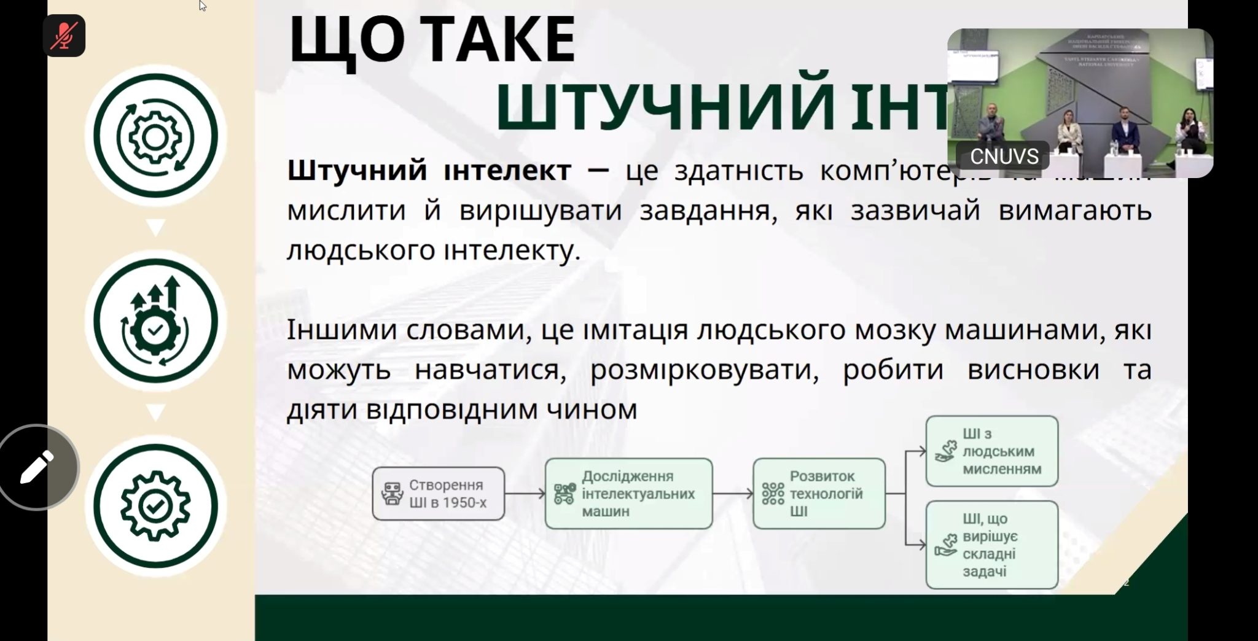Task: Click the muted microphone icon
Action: [64, 36]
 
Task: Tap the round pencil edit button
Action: [37, 467]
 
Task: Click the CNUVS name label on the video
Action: [1004, 157]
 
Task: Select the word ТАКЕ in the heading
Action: [498, 41]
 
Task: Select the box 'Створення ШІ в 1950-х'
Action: [438, 494]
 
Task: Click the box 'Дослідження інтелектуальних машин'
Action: [628, 494]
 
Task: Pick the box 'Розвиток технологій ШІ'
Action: [819, 494]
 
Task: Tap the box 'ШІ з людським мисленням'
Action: [991, 451]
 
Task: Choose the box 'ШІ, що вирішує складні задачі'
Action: [991, 545]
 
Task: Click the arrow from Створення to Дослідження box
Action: [525, 494]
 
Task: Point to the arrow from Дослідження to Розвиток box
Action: [733, 494]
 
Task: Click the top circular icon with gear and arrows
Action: [155, 136]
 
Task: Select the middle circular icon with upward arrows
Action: [155, 320]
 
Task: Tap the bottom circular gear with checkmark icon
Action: [155, 506]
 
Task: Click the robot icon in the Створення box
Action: [391, 494]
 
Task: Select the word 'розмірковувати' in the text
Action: [705, 370]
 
